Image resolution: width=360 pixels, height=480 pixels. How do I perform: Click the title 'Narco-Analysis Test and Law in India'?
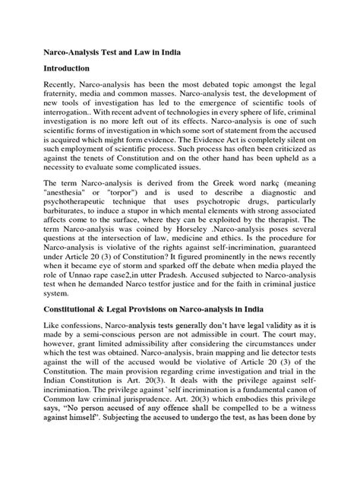pos(122,57)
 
